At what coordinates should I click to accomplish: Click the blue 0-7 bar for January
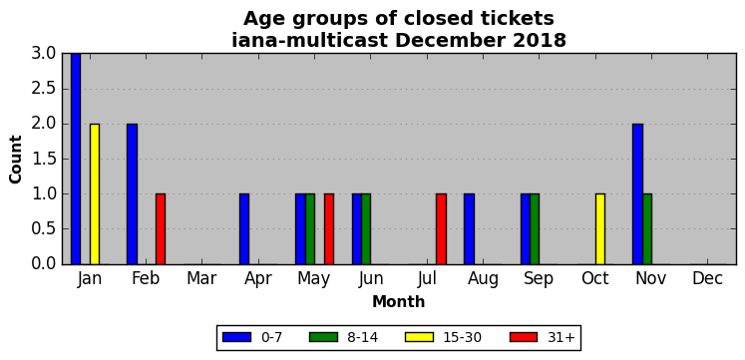point(76,159)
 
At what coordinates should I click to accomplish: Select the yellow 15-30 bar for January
point(95,193)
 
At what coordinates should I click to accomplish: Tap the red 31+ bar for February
point(161,229)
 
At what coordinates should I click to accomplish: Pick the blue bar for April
point(244,229)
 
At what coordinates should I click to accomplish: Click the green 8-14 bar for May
point(310,229)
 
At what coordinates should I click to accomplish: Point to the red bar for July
point(442,229)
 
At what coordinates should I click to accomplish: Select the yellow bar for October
point(600,229)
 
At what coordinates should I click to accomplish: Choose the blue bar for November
point(637,193)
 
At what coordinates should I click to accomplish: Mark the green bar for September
point(535,229)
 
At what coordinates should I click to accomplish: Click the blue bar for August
point(469,229)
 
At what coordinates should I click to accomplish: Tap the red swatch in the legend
point(524,337)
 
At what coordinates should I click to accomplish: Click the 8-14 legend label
point(362,337)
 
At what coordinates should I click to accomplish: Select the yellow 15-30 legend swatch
point(420,337)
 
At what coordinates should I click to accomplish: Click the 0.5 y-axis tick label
point(45,229)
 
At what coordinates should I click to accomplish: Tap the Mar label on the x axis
point(201,279)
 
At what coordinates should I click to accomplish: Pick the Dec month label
point(708,279)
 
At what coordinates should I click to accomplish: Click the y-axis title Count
point(16,160)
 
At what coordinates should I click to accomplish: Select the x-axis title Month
point(399,301)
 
